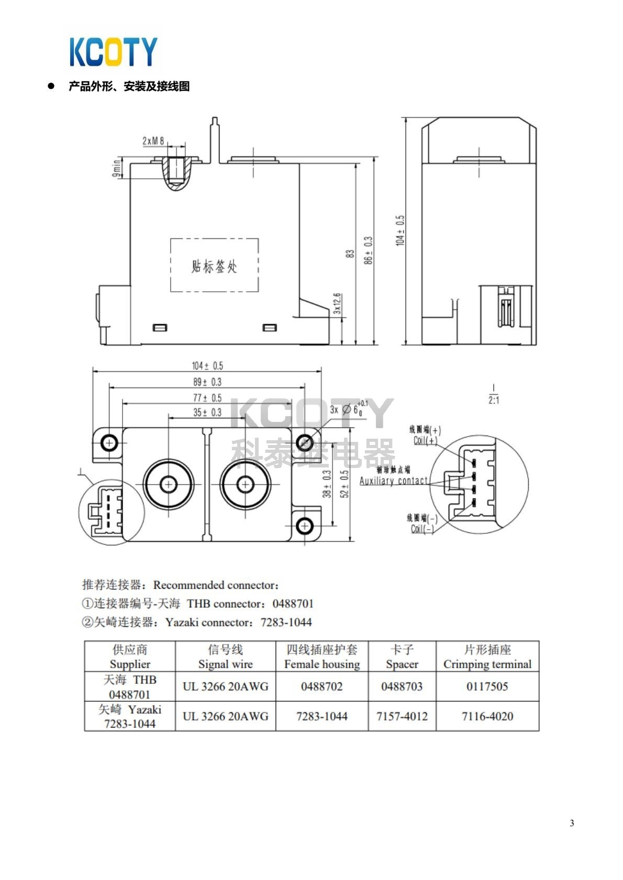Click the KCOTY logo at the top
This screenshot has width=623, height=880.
113,51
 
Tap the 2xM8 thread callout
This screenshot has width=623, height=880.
153,141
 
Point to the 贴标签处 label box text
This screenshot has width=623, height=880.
214,266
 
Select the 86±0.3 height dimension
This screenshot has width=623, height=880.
369,250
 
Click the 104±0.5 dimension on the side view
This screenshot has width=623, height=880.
400,230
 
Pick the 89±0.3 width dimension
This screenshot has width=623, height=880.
207,382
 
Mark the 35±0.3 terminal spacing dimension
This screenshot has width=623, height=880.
207,413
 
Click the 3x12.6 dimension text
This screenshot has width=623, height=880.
337,303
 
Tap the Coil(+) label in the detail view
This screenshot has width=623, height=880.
425,440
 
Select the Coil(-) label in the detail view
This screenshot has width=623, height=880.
422,529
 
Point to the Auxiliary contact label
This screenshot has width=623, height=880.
394,481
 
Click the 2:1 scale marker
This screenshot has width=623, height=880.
494,400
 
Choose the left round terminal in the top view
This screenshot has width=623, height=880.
168,485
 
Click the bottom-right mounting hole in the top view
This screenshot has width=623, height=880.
304,525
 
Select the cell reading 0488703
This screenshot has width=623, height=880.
402,687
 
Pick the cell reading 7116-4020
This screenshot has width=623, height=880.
487,716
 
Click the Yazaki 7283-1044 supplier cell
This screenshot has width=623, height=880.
130,716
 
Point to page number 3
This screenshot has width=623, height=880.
572,823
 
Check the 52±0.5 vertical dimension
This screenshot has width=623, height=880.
344,484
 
